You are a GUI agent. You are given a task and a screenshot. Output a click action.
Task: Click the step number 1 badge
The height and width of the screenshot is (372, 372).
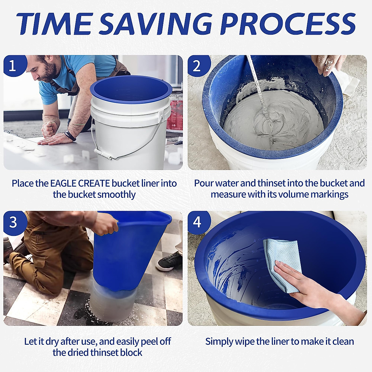tap(12, 66)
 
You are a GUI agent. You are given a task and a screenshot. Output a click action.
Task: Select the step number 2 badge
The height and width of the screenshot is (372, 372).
tap(197, 66)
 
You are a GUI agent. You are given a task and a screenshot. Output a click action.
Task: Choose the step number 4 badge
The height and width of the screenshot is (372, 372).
tap(197, 222)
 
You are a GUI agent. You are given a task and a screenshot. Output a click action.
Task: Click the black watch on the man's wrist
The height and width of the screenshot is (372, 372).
tap(70, 135)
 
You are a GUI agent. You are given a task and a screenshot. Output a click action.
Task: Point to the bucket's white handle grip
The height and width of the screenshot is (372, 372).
tap(102, 153)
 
